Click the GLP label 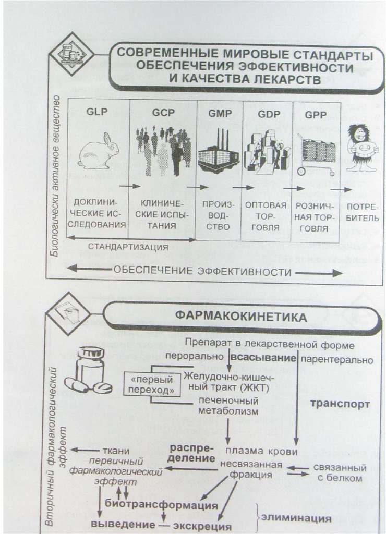pos(98,112)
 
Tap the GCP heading pos(162,112)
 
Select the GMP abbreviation pos(219,113)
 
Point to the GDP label pos(268,114)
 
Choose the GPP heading pos(316,115)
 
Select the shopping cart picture pos(316,154)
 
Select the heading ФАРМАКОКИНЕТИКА pos(240,317)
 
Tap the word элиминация pos(296,518)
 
